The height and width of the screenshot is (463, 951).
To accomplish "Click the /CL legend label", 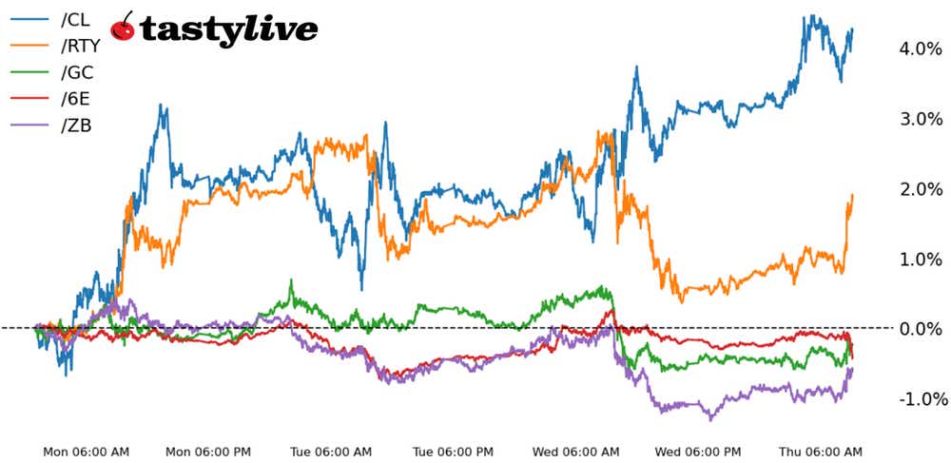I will [x=75, y=19].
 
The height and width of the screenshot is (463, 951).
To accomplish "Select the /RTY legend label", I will [x=80, y=45].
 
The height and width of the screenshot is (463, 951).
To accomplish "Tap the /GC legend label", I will [x=77, y=71].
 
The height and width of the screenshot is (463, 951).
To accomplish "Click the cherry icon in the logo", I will [x=124, y=28].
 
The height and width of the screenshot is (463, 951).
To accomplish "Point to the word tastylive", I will [x=228, y=29].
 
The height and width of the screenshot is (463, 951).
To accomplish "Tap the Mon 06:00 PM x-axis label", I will [x=207, y=451].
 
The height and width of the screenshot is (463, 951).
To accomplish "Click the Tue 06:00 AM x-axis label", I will [x=331, y=451].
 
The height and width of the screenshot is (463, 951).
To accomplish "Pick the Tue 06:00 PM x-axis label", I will [x=455, y=451].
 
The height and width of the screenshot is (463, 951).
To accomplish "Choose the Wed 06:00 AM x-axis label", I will [x=576, y=451].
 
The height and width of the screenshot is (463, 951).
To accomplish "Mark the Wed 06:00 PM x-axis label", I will [x=700, y=451].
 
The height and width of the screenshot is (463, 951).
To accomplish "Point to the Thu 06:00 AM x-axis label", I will [x=821, y=451].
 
